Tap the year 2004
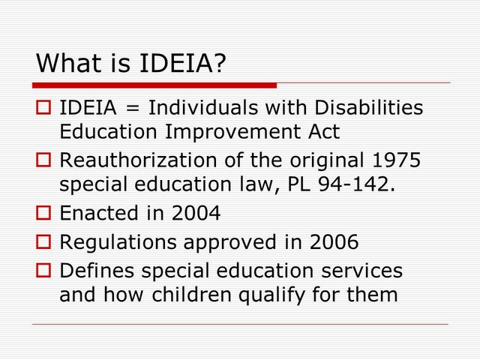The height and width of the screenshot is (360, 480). [x=196, y=213]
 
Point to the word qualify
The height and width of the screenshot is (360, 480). [x=289, y=295]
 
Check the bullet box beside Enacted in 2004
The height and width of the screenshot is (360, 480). [x=43, y=214]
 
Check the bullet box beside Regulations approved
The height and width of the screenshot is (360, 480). [x=43, y=242]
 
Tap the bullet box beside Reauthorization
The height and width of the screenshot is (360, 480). [x=43, y=160]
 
